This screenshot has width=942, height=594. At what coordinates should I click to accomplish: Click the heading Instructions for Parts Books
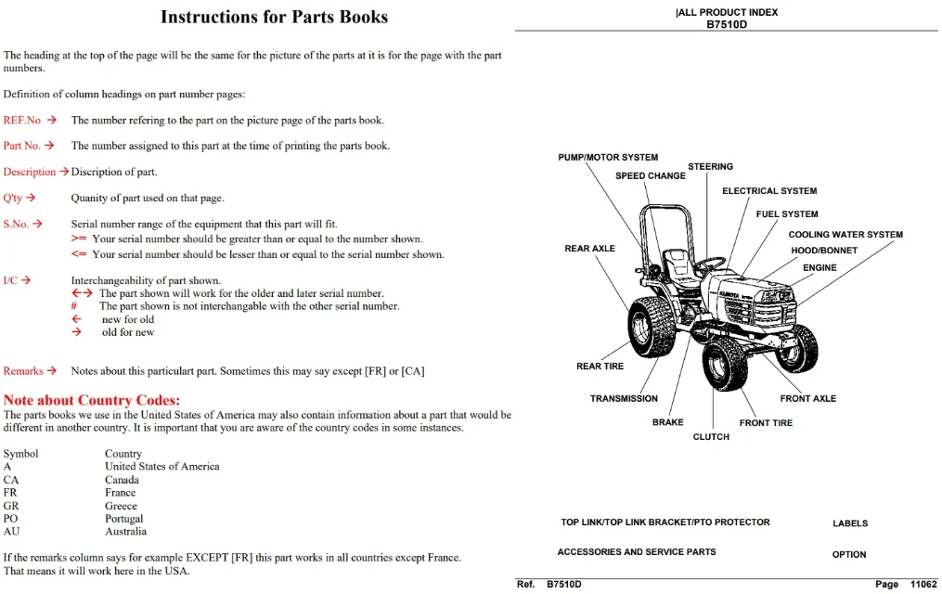point(274,17)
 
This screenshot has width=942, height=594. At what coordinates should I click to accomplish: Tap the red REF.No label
point(21,120)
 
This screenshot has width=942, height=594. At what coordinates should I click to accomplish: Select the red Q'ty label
point(13,199)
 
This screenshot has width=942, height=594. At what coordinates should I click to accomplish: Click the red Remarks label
point(23,371)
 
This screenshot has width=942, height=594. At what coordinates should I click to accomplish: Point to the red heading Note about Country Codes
point(91,400)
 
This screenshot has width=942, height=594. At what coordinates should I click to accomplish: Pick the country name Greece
point(121,506)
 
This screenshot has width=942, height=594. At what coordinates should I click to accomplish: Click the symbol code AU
point(11,532)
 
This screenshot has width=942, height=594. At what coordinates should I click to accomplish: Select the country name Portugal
point(123,518)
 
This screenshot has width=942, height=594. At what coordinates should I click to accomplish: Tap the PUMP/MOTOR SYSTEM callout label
point(608,158)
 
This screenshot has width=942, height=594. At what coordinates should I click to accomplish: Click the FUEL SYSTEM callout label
point(787,213)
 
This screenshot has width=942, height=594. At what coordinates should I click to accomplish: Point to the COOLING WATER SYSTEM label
point(845,234)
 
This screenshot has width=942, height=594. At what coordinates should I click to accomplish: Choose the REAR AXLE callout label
point(589,248)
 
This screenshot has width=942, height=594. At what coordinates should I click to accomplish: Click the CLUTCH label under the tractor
point(711,436)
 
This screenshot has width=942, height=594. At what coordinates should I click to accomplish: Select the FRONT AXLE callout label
point(808,398)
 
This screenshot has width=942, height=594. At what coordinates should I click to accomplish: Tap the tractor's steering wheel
point(710,264)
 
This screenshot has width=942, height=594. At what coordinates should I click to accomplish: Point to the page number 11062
point(923,584)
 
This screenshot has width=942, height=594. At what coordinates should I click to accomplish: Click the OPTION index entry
point(849,554)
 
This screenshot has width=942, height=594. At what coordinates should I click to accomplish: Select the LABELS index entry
point(850,523)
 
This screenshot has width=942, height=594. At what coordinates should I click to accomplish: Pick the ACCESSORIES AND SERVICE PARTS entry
point(637,551)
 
